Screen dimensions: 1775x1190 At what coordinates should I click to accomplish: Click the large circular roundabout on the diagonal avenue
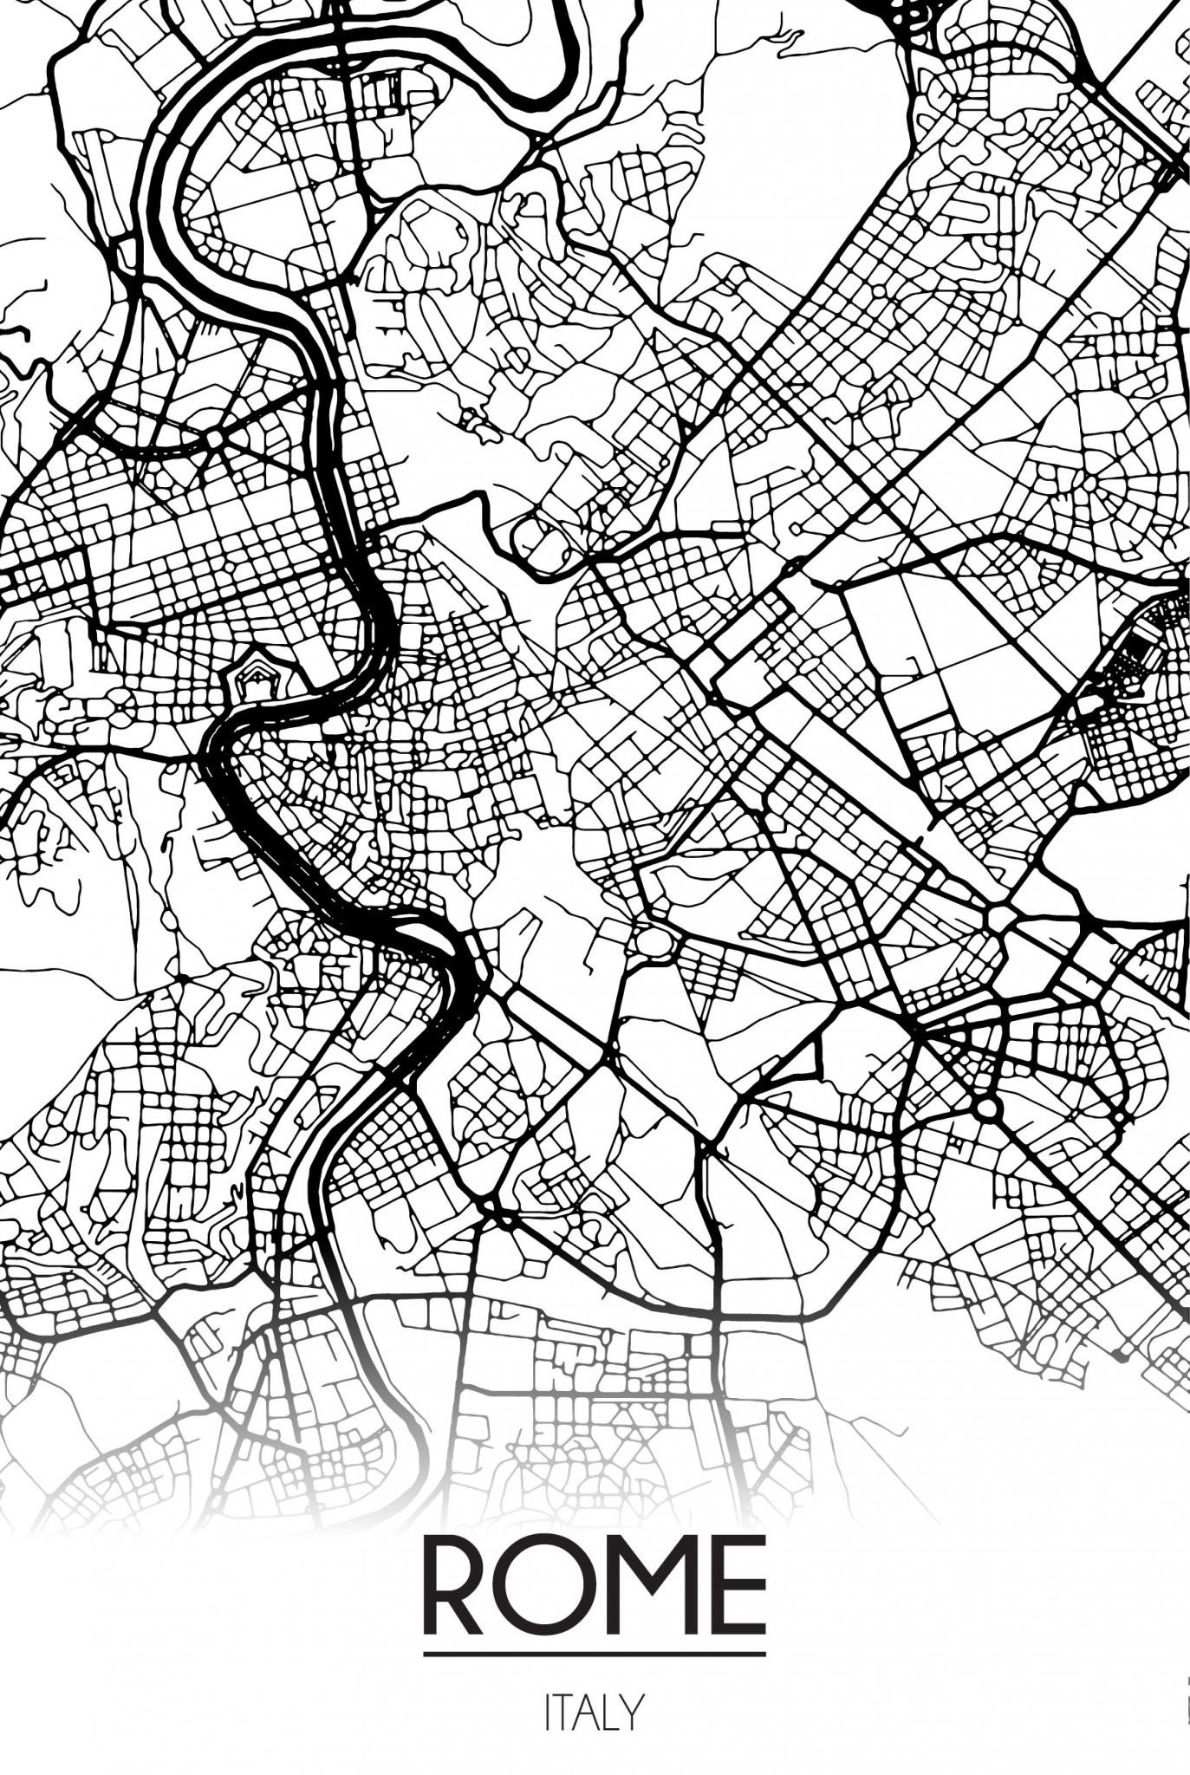point(986,1108)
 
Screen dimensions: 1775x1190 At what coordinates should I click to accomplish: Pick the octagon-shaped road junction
point(213,439)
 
